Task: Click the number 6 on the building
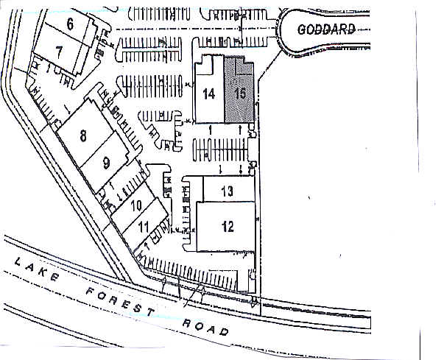coord(70,24)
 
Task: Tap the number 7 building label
coord(60,50)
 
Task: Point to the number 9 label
coord(106,162)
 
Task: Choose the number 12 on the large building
coord(228,226)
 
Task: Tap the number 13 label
coord(228,191)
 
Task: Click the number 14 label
coord(208,93)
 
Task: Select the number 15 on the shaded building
coord(239,93)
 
